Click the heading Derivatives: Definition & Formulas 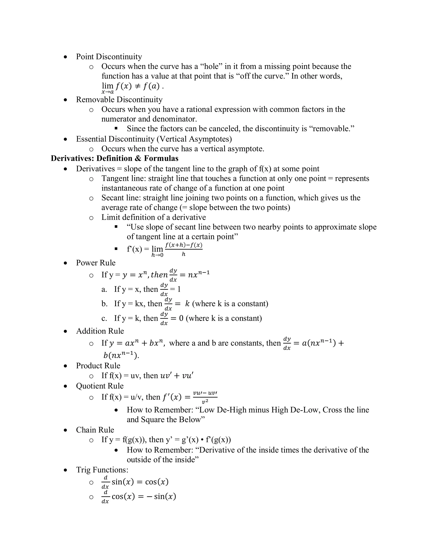tap(114, 158)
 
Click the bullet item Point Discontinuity tap(109, 57)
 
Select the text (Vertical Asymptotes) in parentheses tap(194, 139)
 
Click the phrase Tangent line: tap(124, 178)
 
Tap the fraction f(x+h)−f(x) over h tap(184, 249)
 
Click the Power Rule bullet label tap(96, 263)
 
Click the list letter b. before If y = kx tap(104, 304)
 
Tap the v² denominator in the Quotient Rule tap(205, 402)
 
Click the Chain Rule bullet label tap(95, 430)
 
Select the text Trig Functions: tap(102, 470)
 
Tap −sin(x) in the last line tap(162, 496)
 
